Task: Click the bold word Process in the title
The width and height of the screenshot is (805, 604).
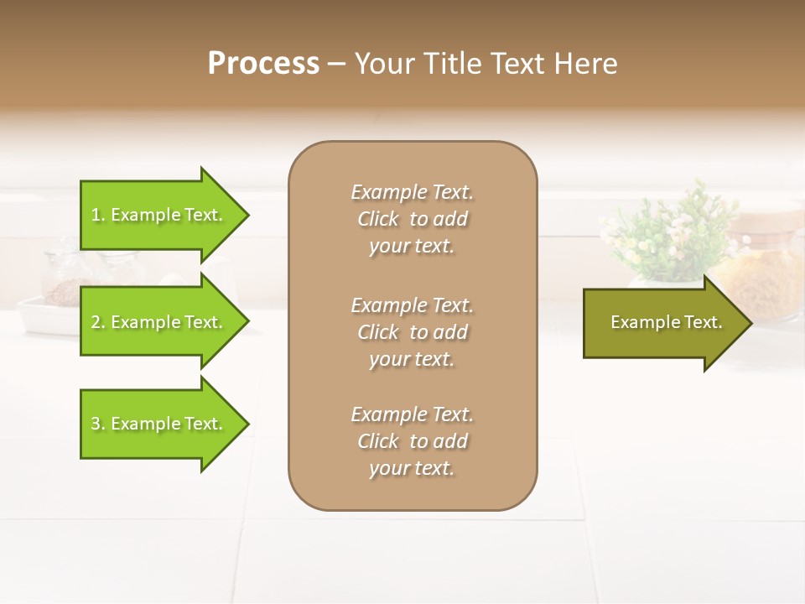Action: (x=263, y=64)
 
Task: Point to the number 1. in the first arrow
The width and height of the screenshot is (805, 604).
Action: (x=98, y=215)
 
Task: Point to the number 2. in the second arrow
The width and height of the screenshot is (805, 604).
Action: (x=98, y=322)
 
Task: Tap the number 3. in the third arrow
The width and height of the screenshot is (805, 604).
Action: (x=98, y=424)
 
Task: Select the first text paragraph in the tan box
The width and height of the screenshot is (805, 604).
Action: (x=412, y=219)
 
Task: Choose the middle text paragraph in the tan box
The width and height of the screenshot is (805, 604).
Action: (x=412, y=332)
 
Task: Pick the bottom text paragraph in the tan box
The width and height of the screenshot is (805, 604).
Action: (x=412, y=441)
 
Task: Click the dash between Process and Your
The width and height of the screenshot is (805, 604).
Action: (x=336, y=65)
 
